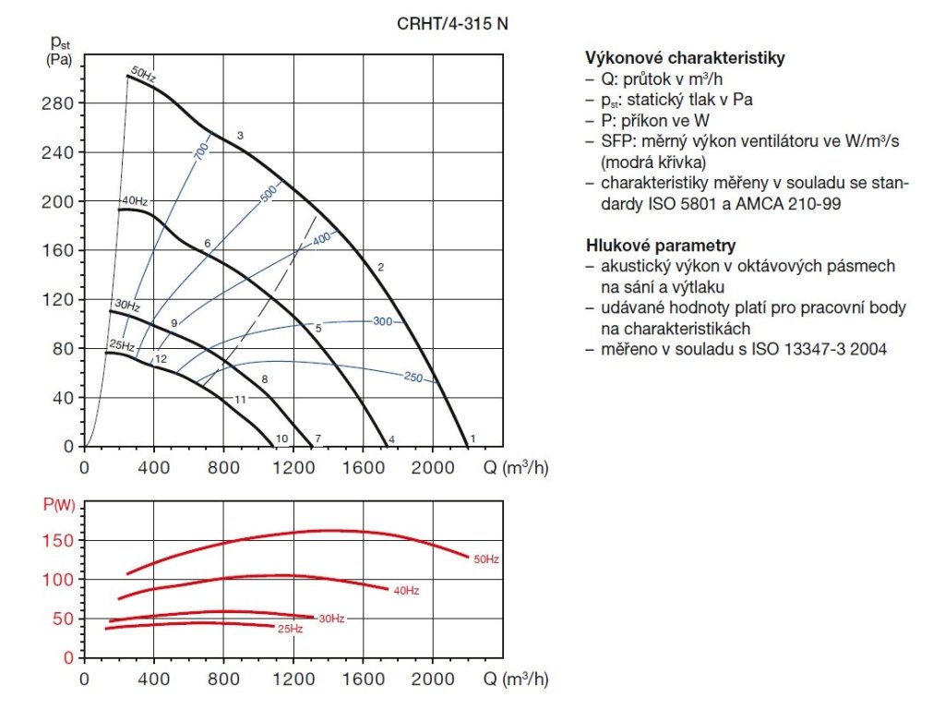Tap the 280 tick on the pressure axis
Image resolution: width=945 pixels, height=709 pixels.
(62, 102)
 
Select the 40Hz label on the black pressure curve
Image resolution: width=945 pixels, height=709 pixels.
(135, 200)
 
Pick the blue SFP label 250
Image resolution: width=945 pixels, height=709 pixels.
(414, 377)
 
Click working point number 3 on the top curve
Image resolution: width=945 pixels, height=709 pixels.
(240, 137)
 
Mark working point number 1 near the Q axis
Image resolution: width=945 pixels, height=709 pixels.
(472, 439)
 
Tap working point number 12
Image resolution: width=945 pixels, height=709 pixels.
(161, 359)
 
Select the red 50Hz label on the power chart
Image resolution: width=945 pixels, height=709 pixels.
(485, 559)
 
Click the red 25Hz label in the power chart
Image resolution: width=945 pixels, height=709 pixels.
(290, 630)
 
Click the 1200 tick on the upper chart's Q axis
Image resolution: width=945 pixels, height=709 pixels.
(294, 467)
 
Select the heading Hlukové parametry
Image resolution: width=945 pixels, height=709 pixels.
(661, 246)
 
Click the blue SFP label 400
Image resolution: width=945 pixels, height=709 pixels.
(320, 239)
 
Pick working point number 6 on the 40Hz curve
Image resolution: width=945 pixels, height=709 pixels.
(208, 244)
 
